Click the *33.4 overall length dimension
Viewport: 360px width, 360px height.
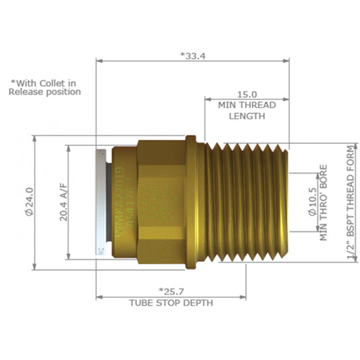[x=192, y=55]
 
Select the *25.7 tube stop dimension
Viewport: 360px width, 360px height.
[x=171, y=290]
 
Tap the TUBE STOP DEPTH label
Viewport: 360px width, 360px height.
[x=171, y=303]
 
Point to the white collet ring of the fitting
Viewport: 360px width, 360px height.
[x=101, y=201]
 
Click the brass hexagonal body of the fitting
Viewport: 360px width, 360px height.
[x=160, y=201]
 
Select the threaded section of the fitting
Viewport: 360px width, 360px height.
[x=245, y=201]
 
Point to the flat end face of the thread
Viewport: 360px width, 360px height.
[x=286, y=201]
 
